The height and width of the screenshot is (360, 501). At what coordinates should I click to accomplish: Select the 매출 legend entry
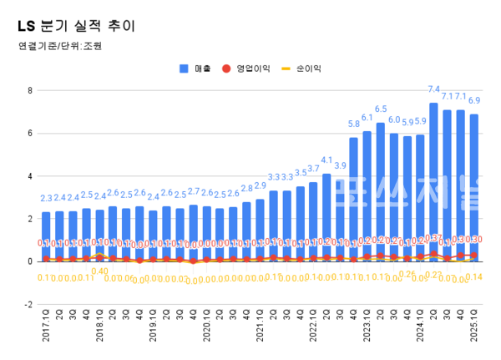coord(197,68)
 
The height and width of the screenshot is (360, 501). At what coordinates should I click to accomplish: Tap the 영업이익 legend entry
coord(248,68)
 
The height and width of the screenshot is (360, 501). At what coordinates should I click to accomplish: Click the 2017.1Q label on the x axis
coord(46,327)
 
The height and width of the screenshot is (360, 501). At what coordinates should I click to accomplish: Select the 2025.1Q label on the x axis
coord(474,327)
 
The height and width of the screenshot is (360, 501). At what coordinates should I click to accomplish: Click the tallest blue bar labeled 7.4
coord(433,180)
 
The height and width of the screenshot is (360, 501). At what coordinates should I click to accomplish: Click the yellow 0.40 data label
coord(99,271)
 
